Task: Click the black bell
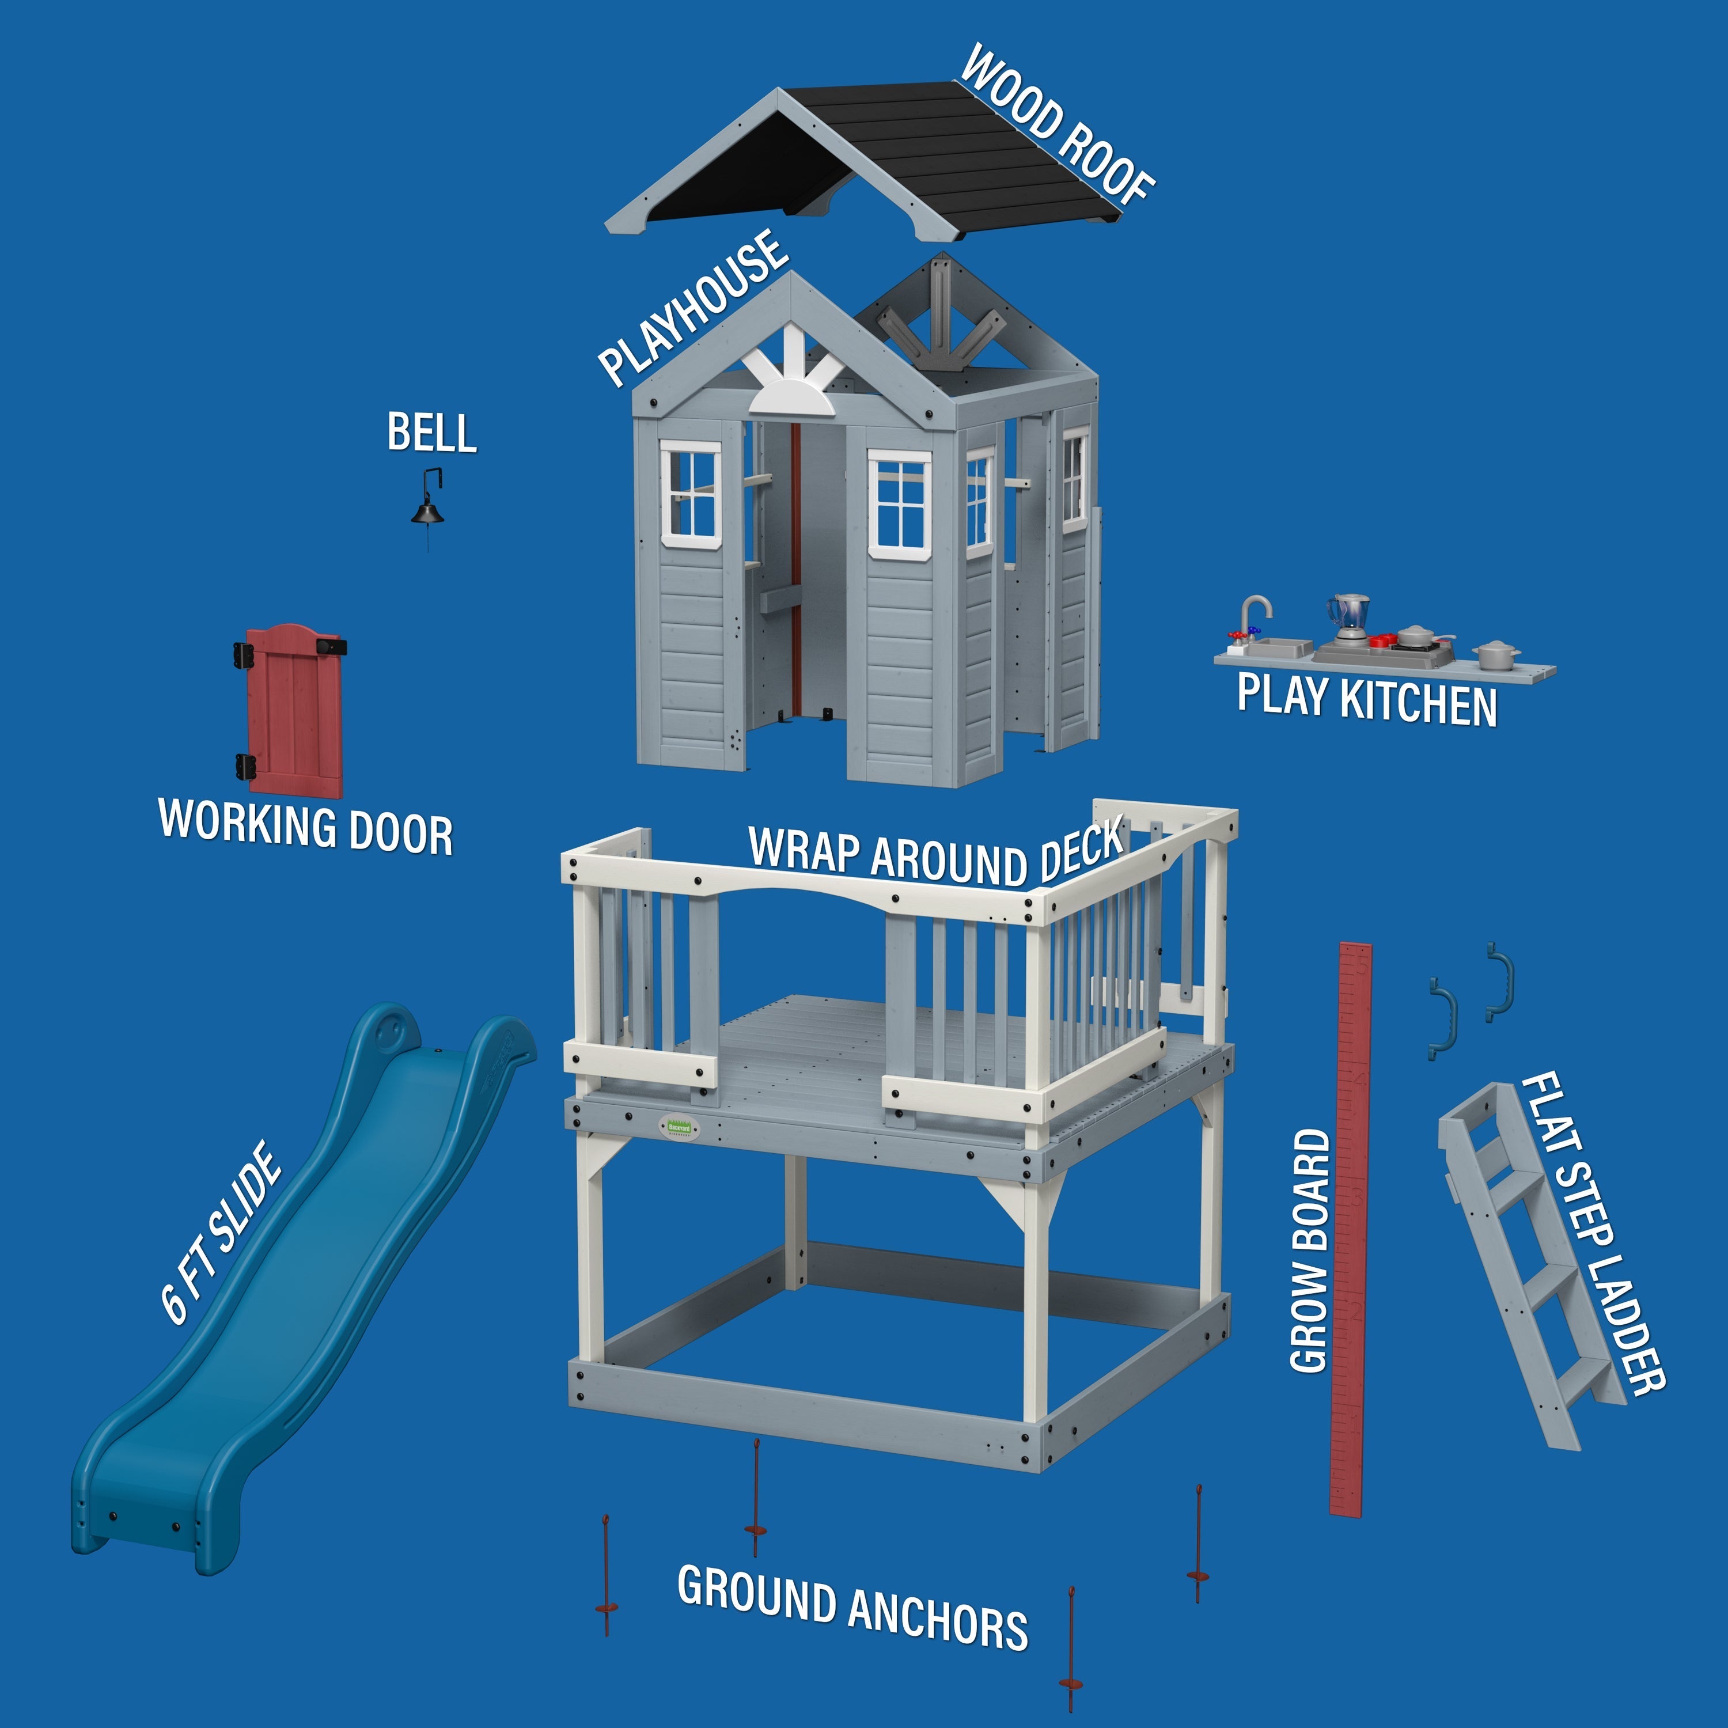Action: (427, 511)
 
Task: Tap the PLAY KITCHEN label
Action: (1367, 699)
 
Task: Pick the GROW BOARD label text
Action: (1309, 1250)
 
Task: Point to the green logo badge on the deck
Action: (681, 1127)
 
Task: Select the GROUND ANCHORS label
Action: (852, 1607)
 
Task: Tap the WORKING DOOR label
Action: (306, 827)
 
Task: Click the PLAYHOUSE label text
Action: (693, 307)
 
